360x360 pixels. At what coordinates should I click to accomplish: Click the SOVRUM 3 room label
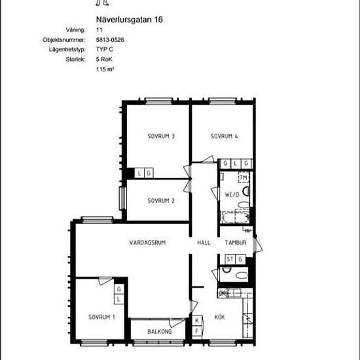(x=161, y=136)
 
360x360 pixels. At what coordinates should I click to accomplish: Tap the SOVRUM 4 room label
(x=224, y=136)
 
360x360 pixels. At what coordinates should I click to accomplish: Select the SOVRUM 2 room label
(x=161, y=201)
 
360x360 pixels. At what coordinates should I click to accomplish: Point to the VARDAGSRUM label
(x=147, y=243)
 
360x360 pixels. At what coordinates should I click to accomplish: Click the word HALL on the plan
(x=204, y=243)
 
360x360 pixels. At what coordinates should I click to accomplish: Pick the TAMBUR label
(x=236, y=243)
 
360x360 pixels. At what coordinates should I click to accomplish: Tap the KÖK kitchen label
(x=219, y=317)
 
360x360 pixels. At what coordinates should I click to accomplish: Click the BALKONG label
(x=159, y=332)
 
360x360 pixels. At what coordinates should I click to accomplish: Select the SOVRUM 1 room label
(x=101, y=317)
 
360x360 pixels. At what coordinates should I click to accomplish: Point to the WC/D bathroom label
(x=232, y=194)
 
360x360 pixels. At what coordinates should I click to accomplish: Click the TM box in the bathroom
(x=243, y=177)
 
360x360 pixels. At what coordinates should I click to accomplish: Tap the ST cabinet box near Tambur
(x=230, y=259)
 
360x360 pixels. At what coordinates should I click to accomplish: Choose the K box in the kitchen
(x=197, y=321)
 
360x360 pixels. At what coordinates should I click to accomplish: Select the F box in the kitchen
(x=197, y=331)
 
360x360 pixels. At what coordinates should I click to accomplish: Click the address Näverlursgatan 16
(x=129, y=20)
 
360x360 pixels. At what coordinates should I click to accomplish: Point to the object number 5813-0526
(x=110, y=40)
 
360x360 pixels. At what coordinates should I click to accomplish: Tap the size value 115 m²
(x=105, y=69)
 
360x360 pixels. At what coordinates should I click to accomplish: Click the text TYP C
(x=105, y=49)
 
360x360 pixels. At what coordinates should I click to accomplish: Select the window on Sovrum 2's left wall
(x=122, y=198)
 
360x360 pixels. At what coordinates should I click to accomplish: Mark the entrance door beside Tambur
(x=258, y=245)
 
